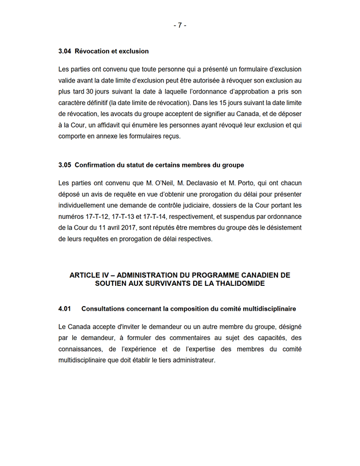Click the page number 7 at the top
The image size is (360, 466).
point(180,25)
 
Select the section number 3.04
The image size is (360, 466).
point(65,51)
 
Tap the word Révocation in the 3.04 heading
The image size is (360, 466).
point(94,51)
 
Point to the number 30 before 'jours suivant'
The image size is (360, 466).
point(89,92)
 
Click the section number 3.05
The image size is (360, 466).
point(65,165)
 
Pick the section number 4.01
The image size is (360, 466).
point(65,310)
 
